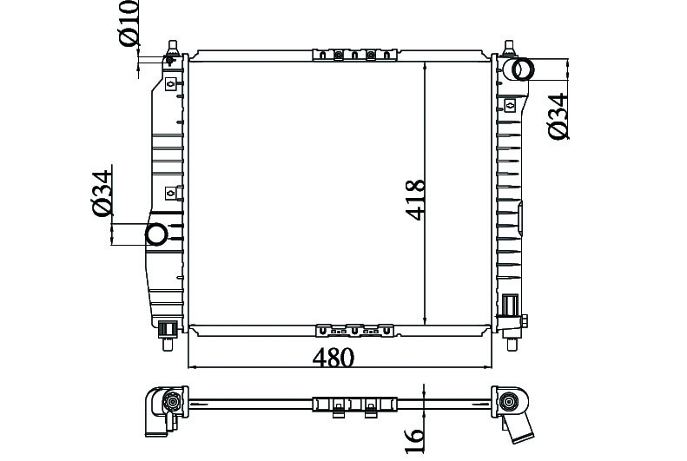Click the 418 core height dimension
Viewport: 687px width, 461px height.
coord(415,199)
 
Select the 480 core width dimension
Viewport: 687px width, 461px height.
coord(333,358)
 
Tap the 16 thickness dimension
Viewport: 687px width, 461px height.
coord(415,440)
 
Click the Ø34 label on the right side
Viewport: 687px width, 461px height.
coord(558,116)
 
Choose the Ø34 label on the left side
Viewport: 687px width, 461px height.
coord(102,193)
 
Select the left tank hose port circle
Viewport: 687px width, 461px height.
coord(156,234)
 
